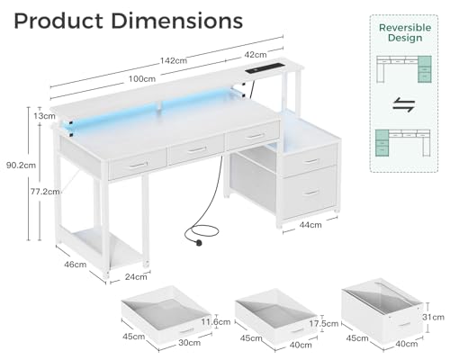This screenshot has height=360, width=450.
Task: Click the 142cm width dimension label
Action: [x=174, y=60]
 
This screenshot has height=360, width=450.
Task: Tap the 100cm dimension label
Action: [x=142, y=79]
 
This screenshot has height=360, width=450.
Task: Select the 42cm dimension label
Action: [x=256, y=55]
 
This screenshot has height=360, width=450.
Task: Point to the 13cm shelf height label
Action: [x=44, y=116]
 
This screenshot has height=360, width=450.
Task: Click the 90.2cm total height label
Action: [x=21, y=165]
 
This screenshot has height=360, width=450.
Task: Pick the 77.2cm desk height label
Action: [x=45, y=192]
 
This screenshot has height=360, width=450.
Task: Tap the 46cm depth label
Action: [x=75, y=265]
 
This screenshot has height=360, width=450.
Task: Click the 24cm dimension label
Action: [x=136, y=276]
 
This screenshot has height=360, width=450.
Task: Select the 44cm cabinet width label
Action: [x=310, y=225]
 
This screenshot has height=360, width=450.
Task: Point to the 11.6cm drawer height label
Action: [x=216, y=322]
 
